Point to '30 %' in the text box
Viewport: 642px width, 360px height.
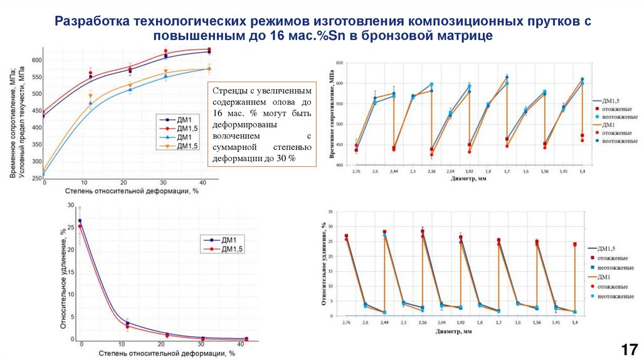(285, 158)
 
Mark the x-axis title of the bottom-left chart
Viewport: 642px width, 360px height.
(166, 354)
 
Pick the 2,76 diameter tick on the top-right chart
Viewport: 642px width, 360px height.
(355, 171)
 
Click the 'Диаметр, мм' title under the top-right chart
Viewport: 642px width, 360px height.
(468, 179)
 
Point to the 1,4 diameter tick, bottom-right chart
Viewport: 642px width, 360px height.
(574, 322)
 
